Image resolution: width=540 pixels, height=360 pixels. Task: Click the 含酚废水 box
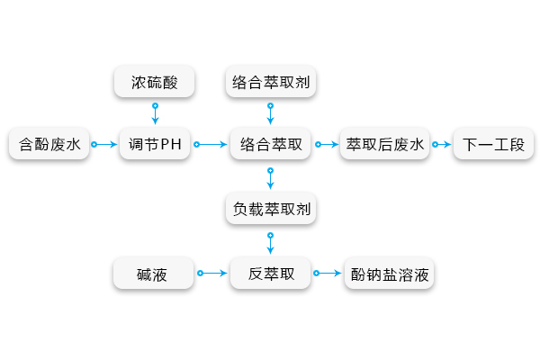49,144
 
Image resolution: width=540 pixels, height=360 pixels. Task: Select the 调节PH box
155,144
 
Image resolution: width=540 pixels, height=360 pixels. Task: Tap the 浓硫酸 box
155,83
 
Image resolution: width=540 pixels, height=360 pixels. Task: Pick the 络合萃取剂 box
271,83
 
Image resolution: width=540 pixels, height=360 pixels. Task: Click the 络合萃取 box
271,144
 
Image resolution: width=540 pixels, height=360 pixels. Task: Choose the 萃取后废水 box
385,144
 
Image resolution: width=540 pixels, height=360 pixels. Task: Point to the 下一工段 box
493,144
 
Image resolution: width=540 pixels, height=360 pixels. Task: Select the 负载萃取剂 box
271,210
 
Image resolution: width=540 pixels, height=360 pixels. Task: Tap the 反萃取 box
271,273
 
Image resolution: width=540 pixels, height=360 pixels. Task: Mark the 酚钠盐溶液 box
390,273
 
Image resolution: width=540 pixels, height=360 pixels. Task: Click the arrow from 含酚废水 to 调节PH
104,144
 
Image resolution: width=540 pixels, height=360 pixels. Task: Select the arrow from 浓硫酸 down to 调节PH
155,113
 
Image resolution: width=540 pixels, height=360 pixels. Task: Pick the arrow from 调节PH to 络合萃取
211,144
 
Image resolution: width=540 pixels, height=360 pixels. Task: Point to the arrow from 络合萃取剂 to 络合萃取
271,113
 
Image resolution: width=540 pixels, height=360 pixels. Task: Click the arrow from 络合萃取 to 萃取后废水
326,144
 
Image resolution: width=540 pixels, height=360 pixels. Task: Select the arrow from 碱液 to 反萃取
212,273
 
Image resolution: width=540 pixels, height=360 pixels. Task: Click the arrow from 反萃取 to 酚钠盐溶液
328,273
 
